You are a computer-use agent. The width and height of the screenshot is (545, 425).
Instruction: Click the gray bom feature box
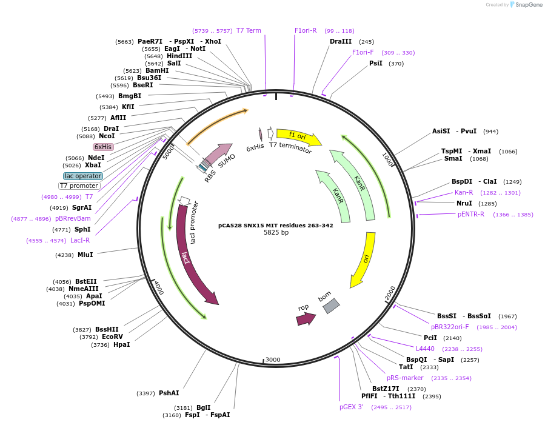coord(331,306)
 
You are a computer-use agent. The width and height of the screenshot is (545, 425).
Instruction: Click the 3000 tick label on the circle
coord(273,360)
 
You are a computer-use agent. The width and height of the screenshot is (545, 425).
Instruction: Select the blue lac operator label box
coord(83,176)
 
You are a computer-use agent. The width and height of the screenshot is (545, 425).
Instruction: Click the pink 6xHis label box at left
coord(103,147)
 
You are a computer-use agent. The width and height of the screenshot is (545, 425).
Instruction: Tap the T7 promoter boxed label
coord(79,186)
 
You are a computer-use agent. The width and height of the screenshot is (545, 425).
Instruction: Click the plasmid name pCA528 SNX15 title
coord(276,225)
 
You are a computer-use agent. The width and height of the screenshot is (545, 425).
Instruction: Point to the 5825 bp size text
coord(276,232)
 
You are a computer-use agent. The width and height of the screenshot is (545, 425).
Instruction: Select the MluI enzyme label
coord(85,255)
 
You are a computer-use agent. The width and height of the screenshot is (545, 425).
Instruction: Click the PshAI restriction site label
coord(169,393)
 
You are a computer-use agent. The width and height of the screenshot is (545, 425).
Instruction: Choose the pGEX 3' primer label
coord(352,407)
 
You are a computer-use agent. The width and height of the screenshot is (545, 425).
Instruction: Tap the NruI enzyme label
coord(464,203)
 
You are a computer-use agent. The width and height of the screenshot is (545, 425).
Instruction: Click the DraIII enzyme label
coord(340,41)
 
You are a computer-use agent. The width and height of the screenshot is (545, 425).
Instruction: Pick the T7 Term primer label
coord(249,30)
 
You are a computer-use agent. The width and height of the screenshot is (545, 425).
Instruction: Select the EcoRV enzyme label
coord(112,336)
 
